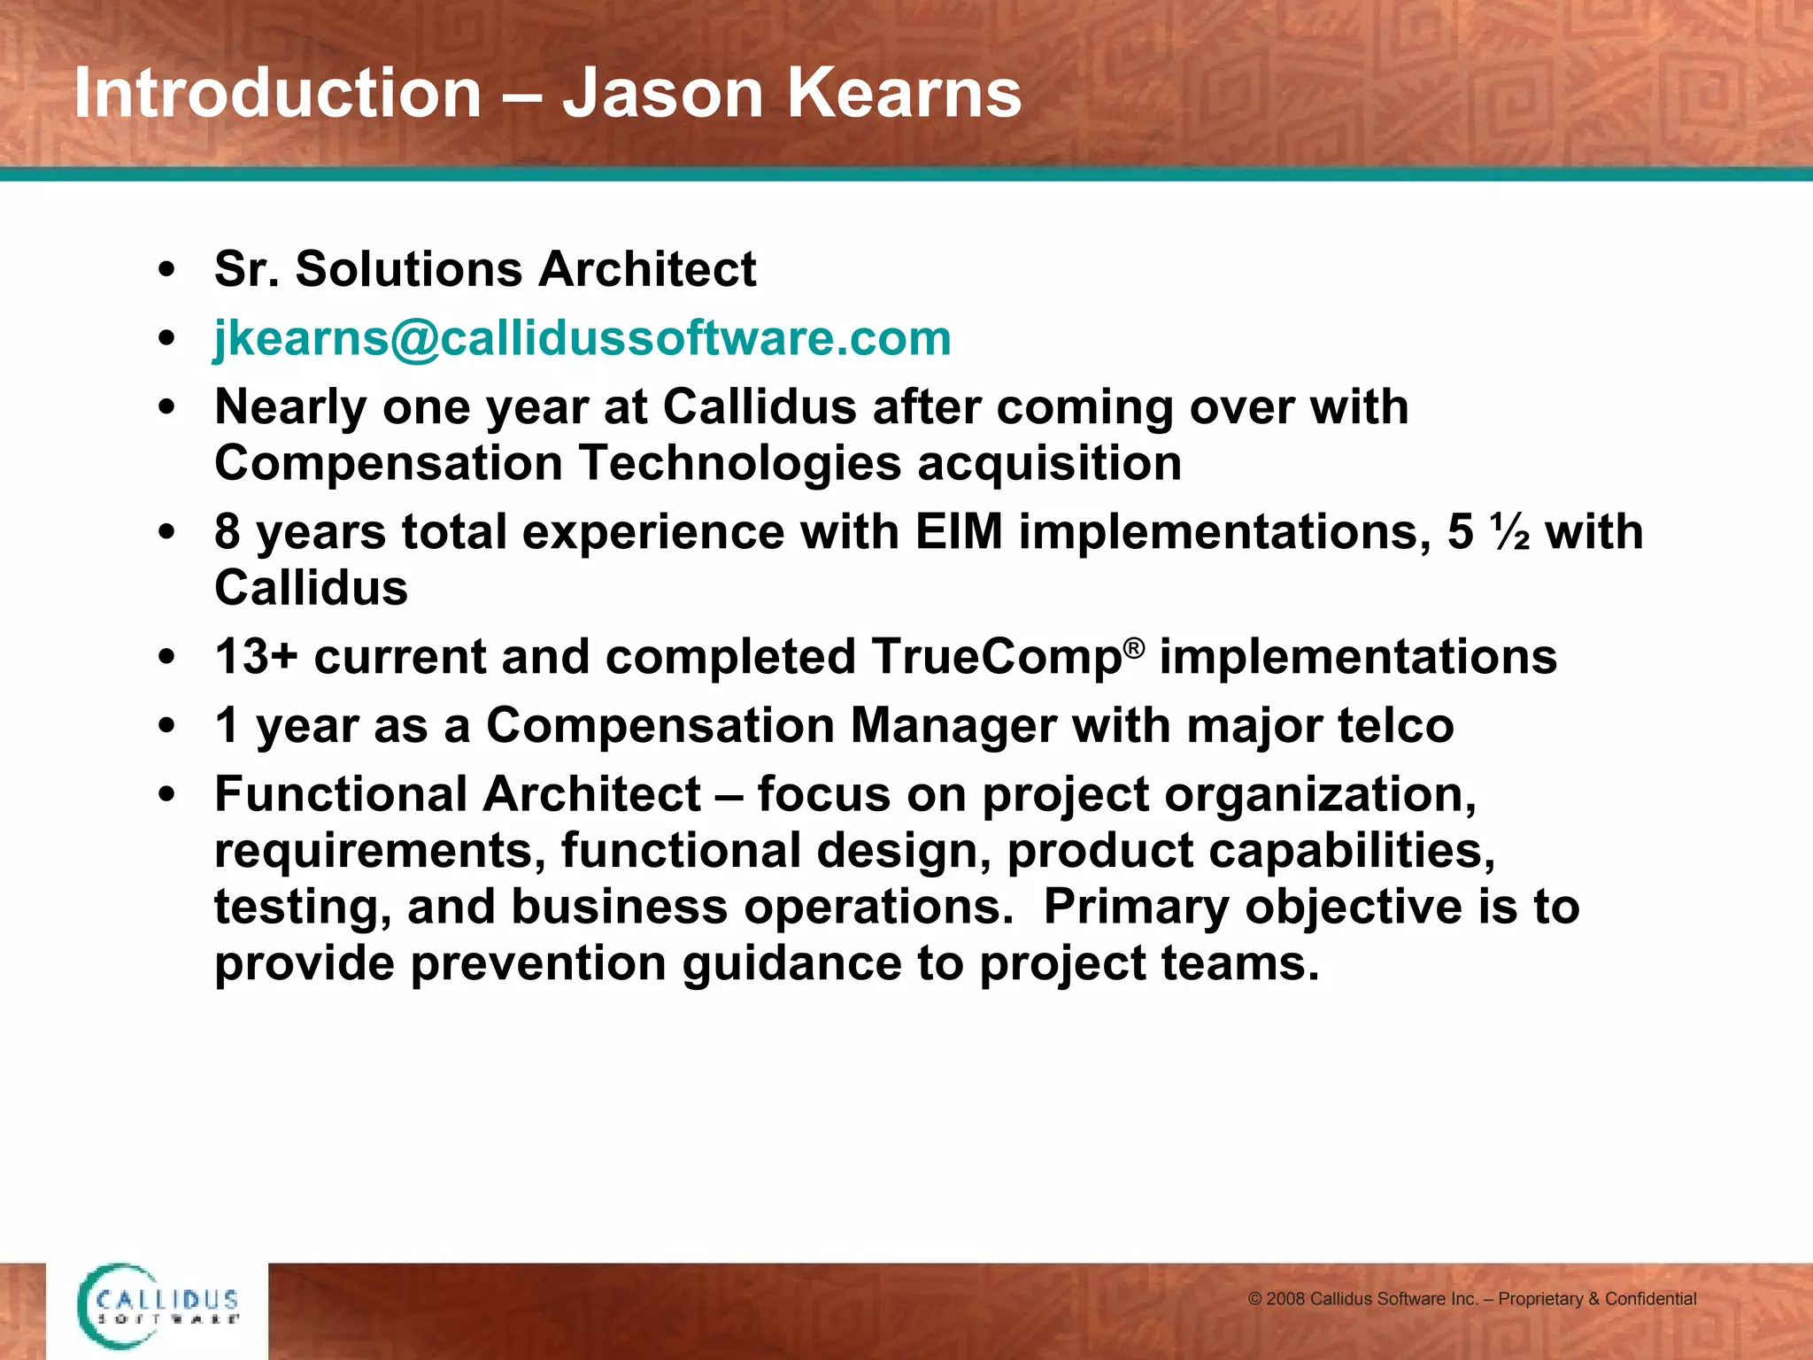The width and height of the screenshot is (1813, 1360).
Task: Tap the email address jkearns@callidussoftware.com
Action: pyautogui.click(x=582, y=338)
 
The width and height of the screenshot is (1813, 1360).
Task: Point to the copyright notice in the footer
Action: pyautogui.click(x=1471, y=1299)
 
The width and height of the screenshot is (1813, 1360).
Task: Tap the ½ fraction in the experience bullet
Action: pyautogui.click(x=1510, y=532)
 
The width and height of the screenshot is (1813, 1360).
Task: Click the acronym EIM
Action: pyautogui.click(x=959, y=532)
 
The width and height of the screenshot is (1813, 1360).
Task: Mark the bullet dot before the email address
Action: pyautogui.click(x=166, y=339)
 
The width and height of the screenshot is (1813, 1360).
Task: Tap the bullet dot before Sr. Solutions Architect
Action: pyautogui.click(x=166, y=270)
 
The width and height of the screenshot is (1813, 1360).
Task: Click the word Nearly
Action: pyautogui.click(x=290, y=407)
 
